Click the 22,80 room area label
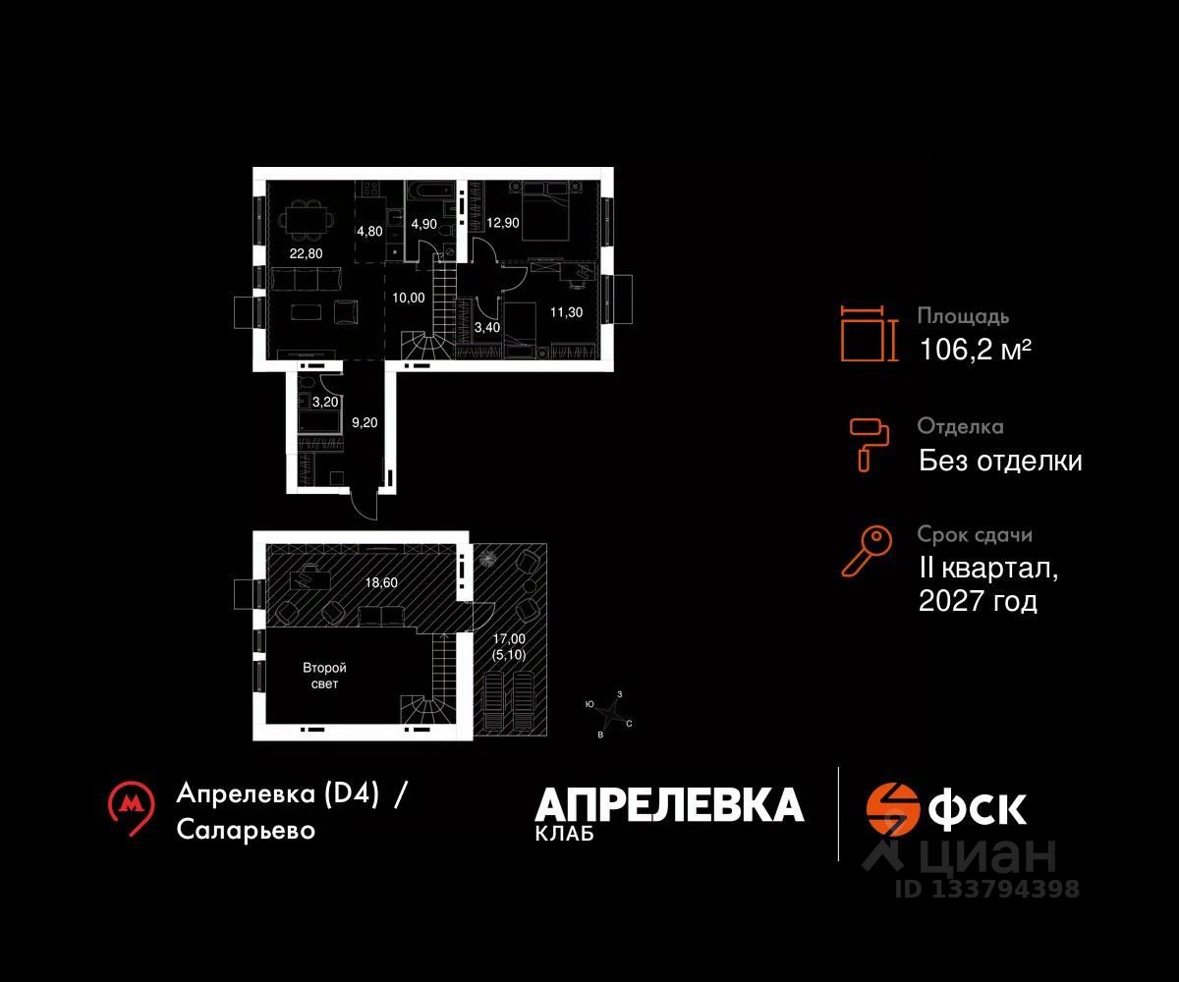[x=306, y=253]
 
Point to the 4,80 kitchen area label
[x=370, y=233]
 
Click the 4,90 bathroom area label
[x=423, y=223]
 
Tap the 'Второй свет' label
[x=323, y=676]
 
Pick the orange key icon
[x=868, y=551]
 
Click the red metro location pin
[x=131, y=807]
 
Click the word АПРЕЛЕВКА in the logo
[x=669, y=805]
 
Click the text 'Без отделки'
[x=1000, y=461]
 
